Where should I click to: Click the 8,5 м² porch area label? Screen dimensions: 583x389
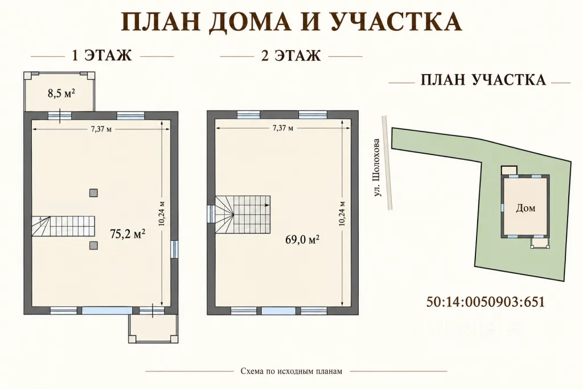pos(61,93)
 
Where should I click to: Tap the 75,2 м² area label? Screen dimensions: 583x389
pos(128,234)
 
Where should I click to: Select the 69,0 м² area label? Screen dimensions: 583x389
pos(302,240)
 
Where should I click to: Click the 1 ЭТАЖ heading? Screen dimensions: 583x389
pos(102,56)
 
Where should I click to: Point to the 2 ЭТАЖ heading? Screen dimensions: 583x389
pos(291,56)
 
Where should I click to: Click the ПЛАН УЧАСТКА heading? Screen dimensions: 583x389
pos(483,80)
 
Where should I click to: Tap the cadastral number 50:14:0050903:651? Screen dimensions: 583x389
pos(486,302)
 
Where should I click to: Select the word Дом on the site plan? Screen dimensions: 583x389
pos(525,208)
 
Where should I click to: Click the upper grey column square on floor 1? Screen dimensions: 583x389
pos(93,193)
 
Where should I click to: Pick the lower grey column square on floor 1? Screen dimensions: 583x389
pos(93,245)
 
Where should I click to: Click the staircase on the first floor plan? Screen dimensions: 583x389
pos(63,227)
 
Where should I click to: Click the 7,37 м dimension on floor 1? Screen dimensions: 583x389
pos(101,129)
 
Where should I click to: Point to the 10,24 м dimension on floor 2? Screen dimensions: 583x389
pos(342,214)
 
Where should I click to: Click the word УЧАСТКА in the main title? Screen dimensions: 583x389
pos(395,22)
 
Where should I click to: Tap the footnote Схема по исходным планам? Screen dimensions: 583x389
pos(291,371)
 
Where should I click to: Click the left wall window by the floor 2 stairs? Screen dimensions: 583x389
pos(211,214)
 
